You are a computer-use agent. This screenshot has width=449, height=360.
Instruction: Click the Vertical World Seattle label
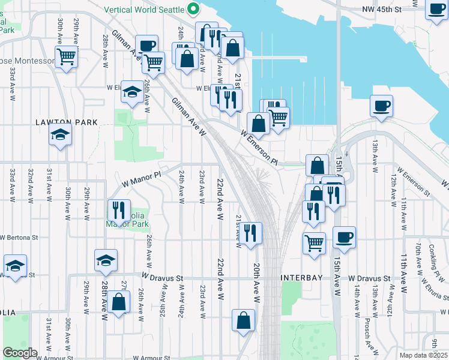pyautogui.click(x=145, y=10)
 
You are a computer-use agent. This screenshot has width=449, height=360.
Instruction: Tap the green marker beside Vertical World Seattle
pyautogui.click(x=193, y=10)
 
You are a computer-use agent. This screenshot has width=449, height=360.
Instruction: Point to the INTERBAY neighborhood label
pyautogui.click(x=302, y=278)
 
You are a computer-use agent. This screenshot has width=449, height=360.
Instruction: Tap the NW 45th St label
pyautogui.click(x=390, y=10)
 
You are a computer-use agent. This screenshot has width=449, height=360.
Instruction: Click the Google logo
pyautogui.click(x=20, y=353)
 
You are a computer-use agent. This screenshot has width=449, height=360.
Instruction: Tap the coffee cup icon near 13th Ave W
pyautogui.click(x=381, y=107)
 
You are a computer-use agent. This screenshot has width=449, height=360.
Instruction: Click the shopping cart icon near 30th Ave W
pyautogui.click(x=66, y=57)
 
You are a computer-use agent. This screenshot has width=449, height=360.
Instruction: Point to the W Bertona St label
pyautogui.click(x=18, y=238)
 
